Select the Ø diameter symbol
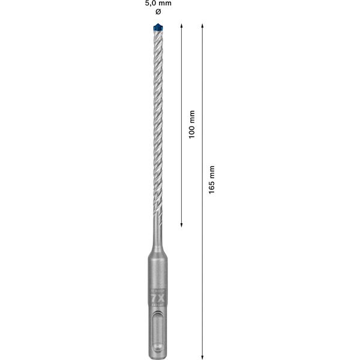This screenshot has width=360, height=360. click(158, 13)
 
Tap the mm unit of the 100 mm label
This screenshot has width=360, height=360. click(192, 115)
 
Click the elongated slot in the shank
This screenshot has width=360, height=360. click(158, 332)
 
